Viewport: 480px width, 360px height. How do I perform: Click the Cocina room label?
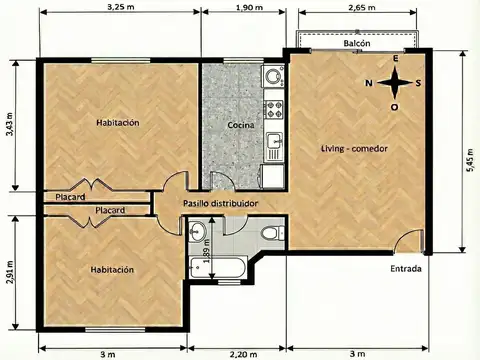click(240, 126)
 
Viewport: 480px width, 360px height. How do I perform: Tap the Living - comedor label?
click(353, 149)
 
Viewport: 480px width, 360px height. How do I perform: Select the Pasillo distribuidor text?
click(221, 203)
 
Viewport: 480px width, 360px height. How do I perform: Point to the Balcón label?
click(358, 45)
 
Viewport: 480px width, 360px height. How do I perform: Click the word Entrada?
click(406, 270)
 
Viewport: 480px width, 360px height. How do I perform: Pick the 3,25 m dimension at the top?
click(120, 7)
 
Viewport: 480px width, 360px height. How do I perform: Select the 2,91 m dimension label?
click(9, 272)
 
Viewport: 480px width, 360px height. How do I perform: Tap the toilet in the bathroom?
click(269, 234)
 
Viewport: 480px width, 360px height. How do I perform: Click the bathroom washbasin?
click(196, 232)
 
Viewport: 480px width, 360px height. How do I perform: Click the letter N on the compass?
click(368, 83)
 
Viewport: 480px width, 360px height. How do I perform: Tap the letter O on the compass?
click(394, 106)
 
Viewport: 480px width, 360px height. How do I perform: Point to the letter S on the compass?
click(418, 83)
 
